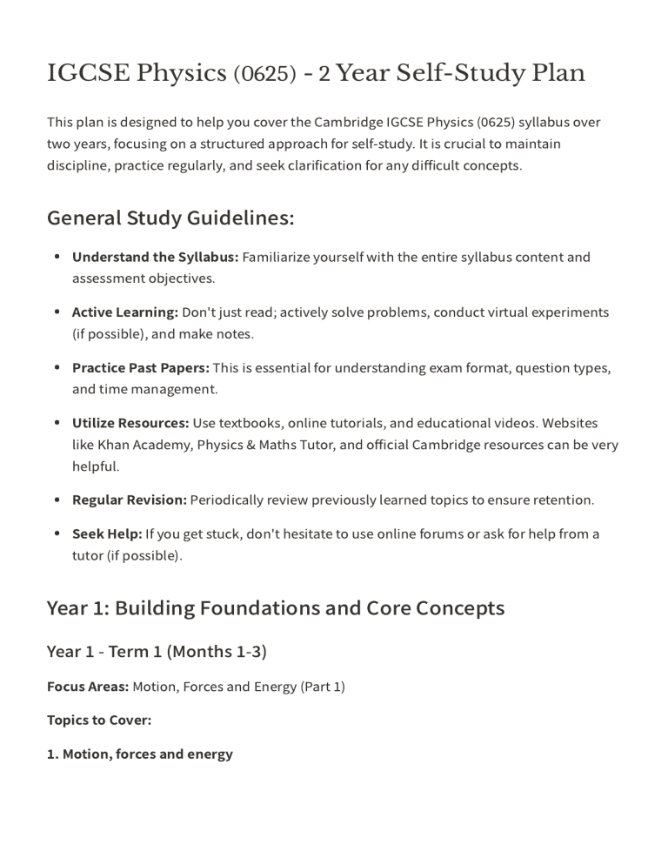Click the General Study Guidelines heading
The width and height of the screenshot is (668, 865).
tap(170, 218)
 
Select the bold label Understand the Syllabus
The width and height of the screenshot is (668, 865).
tap(155, 257)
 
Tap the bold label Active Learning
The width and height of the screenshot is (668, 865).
tap(124, 312)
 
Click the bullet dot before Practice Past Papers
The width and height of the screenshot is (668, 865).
tap(57, 367)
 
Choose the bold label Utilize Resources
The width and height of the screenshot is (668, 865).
tap(130, 423)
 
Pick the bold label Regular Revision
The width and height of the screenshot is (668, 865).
tap(129, 500)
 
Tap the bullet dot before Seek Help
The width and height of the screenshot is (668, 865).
tap(57, 533)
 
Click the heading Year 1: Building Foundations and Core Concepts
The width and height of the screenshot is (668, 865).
tap(275, 607)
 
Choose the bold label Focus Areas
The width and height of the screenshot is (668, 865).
tap(87, 687)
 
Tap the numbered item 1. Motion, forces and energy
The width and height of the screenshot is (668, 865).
tap(139, 754)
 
